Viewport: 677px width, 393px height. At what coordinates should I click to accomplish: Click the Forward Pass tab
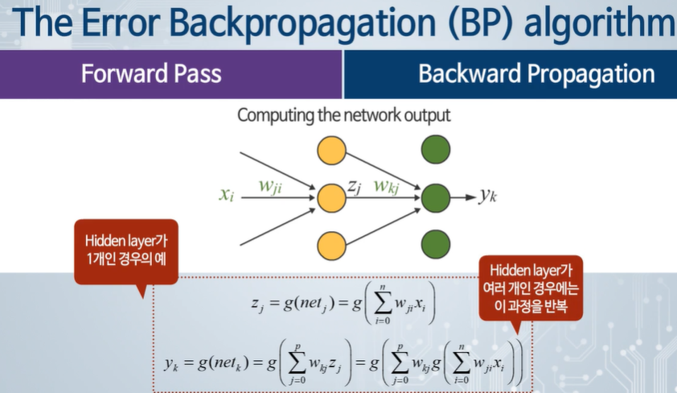151,75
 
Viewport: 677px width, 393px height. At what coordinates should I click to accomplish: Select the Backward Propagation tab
536,75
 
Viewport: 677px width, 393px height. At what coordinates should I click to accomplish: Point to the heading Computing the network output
343,115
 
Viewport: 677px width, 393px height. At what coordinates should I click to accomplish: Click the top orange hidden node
331,150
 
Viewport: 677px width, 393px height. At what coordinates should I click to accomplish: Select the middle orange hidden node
331,196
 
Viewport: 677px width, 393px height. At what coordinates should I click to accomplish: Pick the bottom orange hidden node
331,242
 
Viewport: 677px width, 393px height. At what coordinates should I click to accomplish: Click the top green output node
436,150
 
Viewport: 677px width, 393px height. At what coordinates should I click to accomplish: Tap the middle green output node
436,196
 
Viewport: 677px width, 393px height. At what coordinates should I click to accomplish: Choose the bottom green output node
436,242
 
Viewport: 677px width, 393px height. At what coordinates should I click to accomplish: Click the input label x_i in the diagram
228,195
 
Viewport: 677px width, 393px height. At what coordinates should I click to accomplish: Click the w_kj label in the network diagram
388,185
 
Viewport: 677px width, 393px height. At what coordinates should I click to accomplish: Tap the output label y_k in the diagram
488,196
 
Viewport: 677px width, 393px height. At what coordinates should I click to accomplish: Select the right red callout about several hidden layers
530,288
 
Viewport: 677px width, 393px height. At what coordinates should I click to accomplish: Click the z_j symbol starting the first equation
257,305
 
